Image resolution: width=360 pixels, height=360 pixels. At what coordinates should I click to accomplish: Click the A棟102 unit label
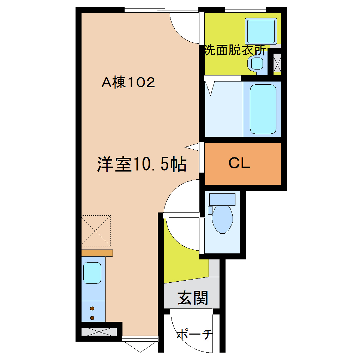point(128,83)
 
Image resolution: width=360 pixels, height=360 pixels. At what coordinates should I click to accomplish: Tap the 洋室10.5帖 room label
point(142,164)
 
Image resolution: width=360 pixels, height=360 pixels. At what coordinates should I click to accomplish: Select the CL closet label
point(239,163)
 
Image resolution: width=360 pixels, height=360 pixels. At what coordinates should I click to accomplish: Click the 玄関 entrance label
point(192,298)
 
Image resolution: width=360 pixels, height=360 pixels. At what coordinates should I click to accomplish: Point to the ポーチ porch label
point(194,334)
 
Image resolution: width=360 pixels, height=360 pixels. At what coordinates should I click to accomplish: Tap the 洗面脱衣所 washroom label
point(235,51)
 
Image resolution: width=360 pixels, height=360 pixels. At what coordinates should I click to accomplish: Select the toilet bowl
point(222,218)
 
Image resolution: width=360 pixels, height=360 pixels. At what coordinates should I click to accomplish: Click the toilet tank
point(222,199)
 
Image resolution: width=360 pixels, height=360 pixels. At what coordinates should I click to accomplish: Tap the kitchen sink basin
point(92,273)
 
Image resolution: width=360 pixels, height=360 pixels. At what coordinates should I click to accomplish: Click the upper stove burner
point(92,308)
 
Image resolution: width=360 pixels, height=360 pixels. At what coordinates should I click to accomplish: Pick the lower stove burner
point(92,318)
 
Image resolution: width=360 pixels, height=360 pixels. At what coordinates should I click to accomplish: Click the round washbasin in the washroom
point(257,64)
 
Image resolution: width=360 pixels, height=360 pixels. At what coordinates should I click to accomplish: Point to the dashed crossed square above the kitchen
point(96,230)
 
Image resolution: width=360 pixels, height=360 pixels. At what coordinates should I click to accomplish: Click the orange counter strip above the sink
point(97,253)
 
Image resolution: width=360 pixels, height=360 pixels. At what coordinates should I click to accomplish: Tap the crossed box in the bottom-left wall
point(99,332)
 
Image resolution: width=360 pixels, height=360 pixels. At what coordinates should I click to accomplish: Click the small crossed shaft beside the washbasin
point(277,64)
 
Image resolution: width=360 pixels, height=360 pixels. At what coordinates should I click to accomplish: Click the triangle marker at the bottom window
point(140,347)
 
